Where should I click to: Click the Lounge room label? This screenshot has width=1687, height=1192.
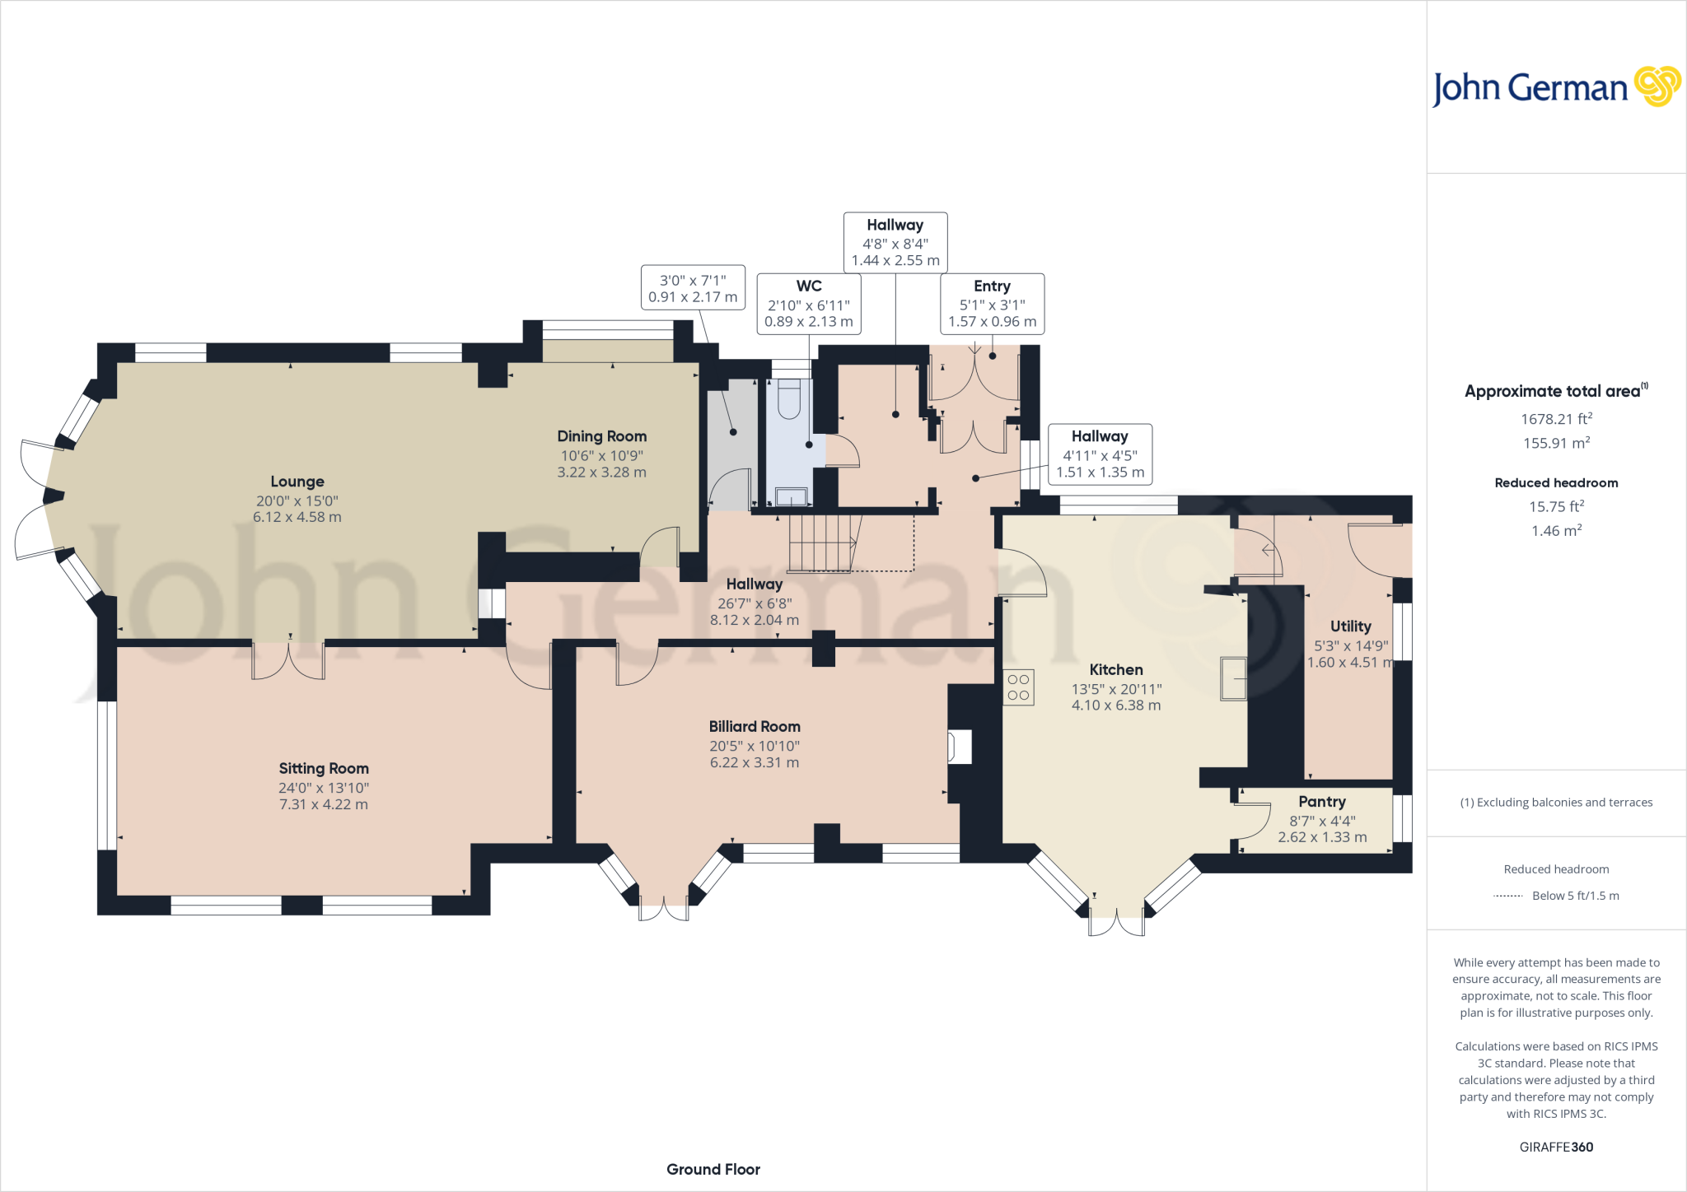tap(297, 482)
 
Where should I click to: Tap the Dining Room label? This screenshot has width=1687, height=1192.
tap(602, 436)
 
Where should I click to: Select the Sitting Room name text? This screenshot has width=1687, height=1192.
tap(324, 768)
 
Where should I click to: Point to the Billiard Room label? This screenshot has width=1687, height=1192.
tap(755, 726)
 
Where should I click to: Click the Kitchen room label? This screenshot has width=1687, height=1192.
tap(1116, 669)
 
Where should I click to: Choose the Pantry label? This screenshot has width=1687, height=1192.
tap(1322, 802)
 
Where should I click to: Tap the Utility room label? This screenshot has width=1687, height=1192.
tap(1351, 626)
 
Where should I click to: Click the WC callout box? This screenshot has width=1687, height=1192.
tap(809, 304)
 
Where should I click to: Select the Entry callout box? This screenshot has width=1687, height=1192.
tap(993, 304)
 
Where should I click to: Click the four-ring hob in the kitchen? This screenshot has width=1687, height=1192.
tap(1019, 687)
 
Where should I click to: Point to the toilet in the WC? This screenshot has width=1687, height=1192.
tap(789, 398)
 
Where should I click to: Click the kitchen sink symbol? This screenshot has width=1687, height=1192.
tap(1234, 678)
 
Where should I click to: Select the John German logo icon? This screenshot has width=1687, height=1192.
tap(1657, 86)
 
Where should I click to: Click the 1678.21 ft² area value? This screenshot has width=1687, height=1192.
tap(1557, 418)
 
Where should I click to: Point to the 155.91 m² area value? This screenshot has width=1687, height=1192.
tap(1557, 443)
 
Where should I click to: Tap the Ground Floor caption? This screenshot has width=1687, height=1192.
tap(713, 1169)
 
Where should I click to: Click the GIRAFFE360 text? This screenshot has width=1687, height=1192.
tap(1557, 1147)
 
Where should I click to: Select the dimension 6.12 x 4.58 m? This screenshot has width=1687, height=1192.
tap(297, 517)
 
